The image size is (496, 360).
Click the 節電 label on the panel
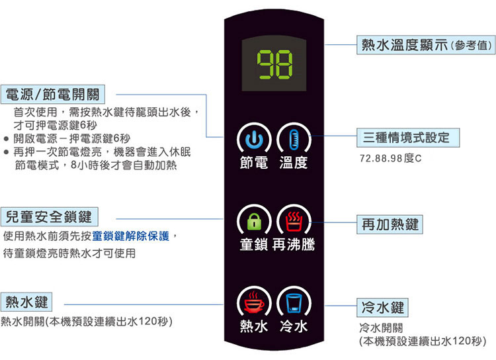(x=254, y=163)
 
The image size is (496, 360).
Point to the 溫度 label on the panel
(x=294, y=163)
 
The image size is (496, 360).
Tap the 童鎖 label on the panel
(x=254, y=245)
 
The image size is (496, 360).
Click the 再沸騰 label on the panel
(x=294, y=245)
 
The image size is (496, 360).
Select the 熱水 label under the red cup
(x=254, y=327)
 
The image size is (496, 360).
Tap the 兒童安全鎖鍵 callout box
(x=50, y=215)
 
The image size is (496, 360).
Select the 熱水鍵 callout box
(x=27, y=302)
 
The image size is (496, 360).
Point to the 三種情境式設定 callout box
(x=406, y=137)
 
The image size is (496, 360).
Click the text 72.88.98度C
(x=390, y=159)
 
